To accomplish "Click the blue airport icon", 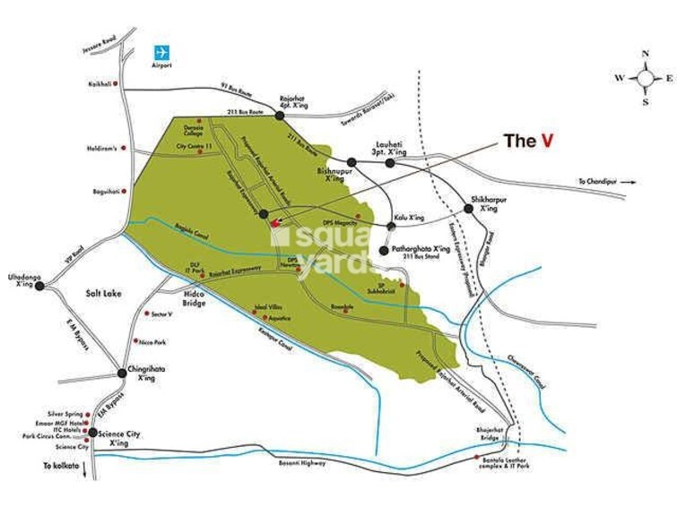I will pos(162,51).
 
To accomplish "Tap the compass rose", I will pos(645,78).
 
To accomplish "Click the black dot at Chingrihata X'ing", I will pos(122,372).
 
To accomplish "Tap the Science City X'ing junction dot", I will pos(92,433).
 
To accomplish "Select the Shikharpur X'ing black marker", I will pos(468,209).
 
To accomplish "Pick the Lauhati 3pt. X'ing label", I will pos(391,148).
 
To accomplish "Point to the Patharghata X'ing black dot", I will pos(385,250).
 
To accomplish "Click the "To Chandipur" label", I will pos(600,182).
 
